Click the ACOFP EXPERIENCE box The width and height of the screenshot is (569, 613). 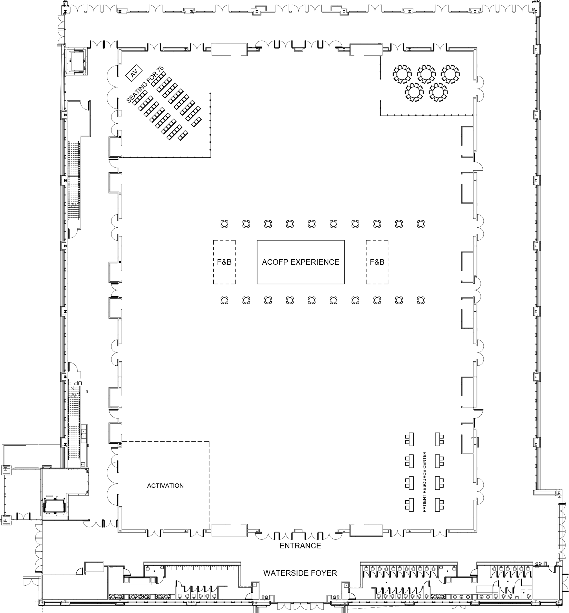(x=300, y=262)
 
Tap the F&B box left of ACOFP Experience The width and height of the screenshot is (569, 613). (x=224, y=262)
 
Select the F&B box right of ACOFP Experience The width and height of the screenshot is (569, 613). (x=377, y=262)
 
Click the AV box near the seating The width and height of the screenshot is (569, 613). (x=134, y=73)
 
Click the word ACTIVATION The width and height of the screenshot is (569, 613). (x=165, y=486)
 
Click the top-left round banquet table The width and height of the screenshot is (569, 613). (x=402, y=74)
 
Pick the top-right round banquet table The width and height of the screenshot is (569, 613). (x=450, y=74)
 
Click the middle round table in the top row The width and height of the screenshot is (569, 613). (x=426, y=74)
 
